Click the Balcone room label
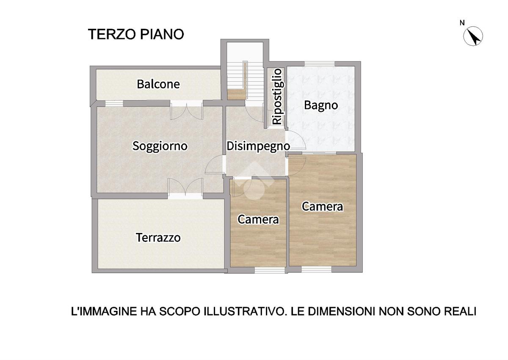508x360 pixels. pos(158,84)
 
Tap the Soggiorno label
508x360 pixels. pos(160,146)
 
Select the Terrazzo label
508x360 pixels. pos(158,238)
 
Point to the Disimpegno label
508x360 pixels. pos(258,147)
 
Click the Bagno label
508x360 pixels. pos(321,105)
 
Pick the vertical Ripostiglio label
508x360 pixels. pos(278,97)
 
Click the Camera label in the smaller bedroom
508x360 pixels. pos(258,219)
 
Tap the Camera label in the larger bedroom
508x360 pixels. pos(322,207)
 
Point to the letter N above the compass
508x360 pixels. pos(462,23)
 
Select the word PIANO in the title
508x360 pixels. pos(162,34)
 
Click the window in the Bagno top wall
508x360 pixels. pos(319,64)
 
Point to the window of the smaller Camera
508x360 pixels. pos(270,270)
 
